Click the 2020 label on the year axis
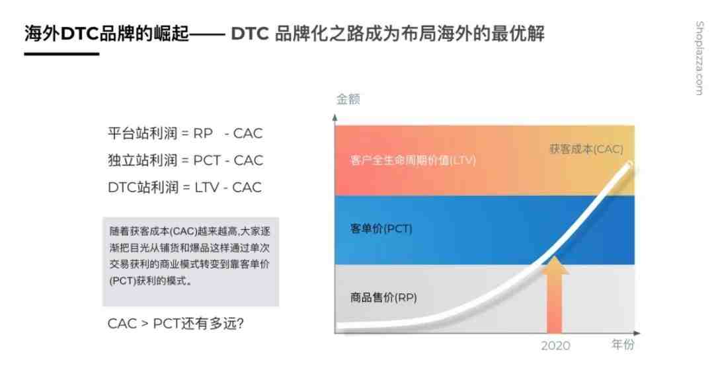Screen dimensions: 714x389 [555, 346]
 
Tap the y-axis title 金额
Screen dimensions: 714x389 [348, 98]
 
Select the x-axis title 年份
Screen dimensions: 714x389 [623, 344]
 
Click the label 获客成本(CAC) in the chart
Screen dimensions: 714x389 [586, 149]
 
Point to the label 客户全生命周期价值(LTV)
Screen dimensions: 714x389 [413, 160]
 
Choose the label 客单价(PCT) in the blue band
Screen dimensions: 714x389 [381, 229]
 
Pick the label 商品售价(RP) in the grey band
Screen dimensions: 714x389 [383, 298]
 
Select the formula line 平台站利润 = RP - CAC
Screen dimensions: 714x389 [185, 133]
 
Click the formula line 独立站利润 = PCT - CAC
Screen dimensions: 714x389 [185, 160]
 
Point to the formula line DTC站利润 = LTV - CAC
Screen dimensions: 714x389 [184, 187]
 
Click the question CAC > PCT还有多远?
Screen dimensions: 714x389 [176, 324]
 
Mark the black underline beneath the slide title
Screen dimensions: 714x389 [61, 53]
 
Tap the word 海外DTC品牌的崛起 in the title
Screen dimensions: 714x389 [106, 33]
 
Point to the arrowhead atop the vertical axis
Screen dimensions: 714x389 [335, 118]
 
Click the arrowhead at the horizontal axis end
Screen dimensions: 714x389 [637, 333]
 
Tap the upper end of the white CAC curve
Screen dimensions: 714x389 [630, 164]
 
